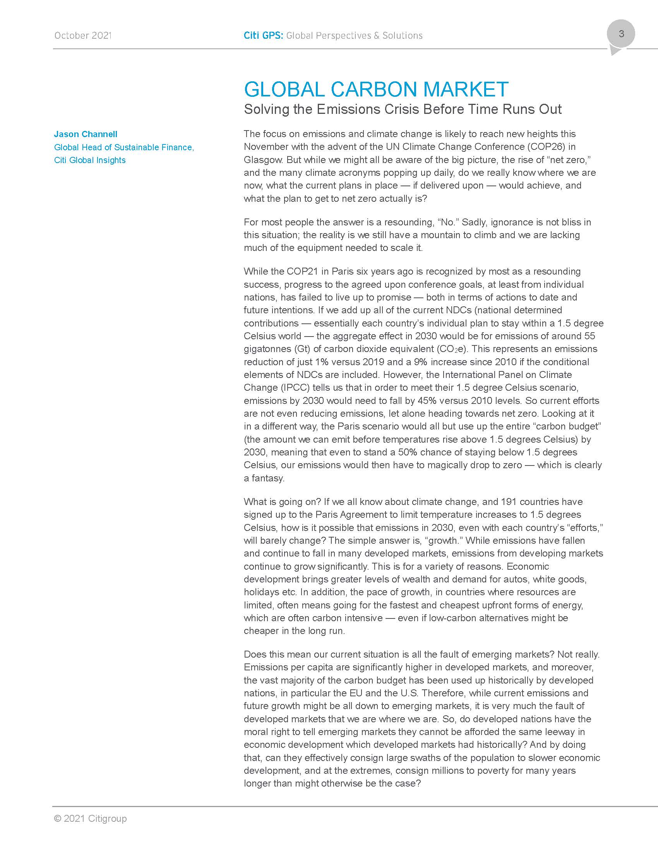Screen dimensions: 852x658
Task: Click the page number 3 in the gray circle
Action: (621, 34)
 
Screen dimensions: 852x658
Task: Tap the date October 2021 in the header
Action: (83, 36)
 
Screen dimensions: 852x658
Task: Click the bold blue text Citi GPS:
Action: (263, 36)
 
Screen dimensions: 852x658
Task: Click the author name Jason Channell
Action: (86, 134)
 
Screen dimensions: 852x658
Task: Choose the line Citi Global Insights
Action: (90, 160)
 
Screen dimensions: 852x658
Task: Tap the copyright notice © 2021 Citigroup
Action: (91, 818)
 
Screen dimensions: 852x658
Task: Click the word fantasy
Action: (267, 478)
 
